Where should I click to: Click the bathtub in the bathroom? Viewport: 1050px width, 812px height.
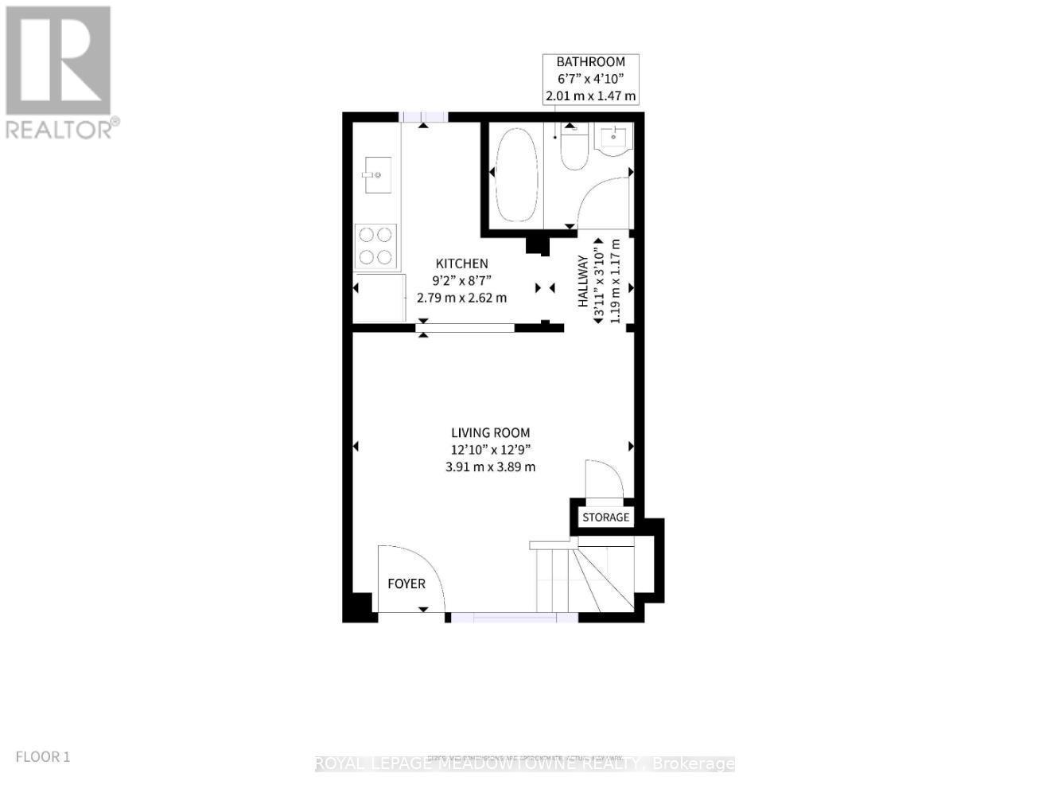click(x=516, y=176)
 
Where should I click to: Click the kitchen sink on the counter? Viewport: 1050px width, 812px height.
click(x=377, y=174)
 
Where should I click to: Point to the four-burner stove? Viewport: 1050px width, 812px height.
click(x=376, y=245)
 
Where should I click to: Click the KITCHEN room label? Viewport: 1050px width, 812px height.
click(x=461, y=264)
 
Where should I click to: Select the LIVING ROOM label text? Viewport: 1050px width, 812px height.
click(x=490, y=433)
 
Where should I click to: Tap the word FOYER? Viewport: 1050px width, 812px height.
click(x=406, y=584)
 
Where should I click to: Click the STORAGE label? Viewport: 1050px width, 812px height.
click(x=605, y=517)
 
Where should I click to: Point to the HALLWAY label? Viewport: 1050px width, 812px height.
click(x=582, y=281)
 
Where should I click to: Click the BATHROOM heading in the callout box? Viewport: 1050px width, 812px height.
click(x=590, y=61)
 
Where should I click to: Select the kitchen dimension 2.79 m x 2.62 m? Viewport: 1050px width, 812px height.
click(x=461, y=298)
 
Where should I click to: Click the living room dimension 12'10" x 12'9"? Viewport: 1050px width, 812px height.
click(x=490, y=450)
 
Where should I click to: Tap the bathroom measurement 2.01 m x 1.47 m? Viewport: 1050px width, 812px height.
click(x=590, y=96)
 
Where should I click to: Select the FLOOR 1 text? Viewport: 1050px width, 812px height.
click(x=43, y=756)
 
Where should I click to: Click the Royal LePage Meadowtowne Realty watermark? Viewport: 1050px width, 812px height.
click(x=525, y=764)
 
